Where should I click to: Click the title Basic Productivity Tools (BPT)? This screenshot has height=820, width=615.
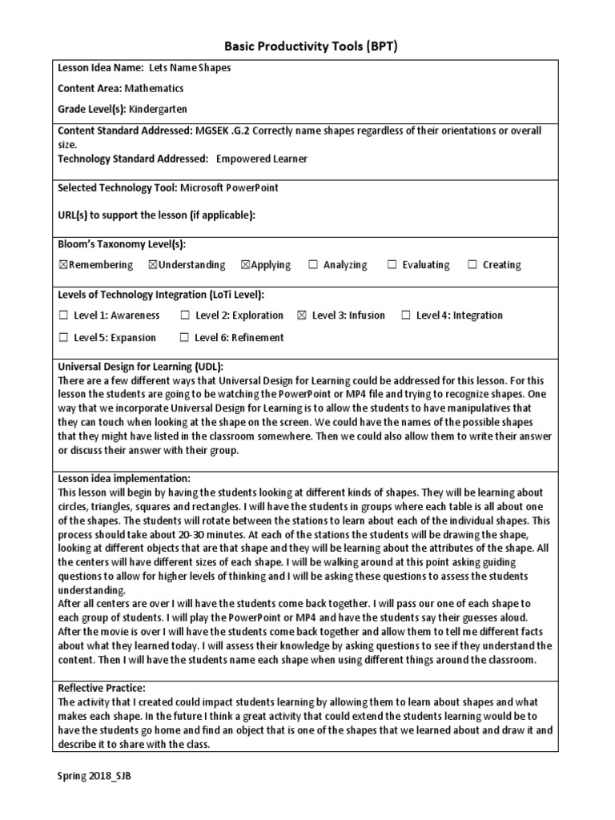coord(307,46)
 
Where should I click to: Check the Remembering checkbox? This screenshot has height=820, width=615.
coord(63,265)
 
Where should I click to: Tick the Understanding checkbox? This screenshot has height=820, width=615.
coord(153,265)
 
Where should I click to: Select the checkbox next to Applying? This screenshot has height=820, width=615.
coord(246,265)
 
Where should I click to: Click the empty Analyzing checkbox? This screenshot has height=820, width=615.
coord(313,265)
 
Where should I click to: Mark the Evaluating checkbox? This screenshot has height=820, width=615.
coord(392,265)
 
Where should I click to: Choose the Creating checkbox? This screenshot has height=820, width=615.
coord(472,265)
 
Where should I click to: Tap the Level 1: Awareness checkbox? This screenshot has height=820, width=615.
coord(63,316)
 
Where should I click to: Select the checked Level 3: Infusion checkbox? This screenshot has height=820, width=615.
coord(302,316)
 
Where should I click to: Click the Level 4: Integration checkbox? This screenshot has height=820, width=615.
coord(406,316)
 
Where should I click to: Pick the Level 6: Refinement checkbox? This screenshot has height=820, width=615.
coord(185,338)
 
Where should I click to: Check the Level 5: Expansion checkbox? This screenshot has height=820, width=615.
coord(63,338)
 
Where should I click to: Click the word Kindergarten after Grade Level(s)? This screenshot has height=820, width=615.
coord(158,109)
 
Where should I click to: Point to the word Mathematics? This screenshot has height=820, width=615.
coord(155,88)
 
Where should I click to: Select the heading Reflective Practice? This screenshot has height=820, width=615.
coord(102,688)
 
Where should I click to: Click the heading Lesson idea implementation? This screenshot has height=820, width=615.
coord(124,478)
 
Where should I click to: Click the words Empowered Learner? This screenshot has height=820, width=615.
coord(262,159)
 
